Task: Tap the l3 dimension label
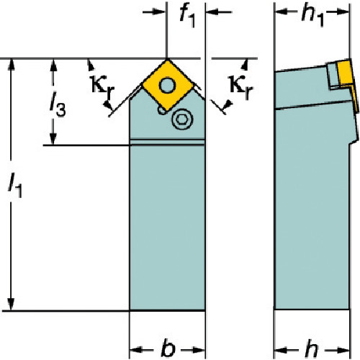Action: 58,104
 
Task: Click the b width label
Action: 168,348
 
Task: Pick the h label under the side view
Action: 312,348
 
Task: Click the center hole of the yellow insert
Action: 168,85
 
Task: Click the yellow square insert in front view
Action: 168,85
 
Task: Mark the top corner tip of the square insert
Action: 168,60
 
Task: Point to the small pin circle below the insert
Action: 162,110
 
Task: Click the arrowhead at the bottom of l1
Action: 11,304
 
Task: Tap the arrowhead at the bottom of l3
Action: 53,138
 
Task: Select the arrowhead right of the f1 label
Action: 212,12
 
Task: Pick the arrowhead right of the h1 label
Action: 342,12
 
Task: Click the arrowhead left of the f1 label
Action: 159,12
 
